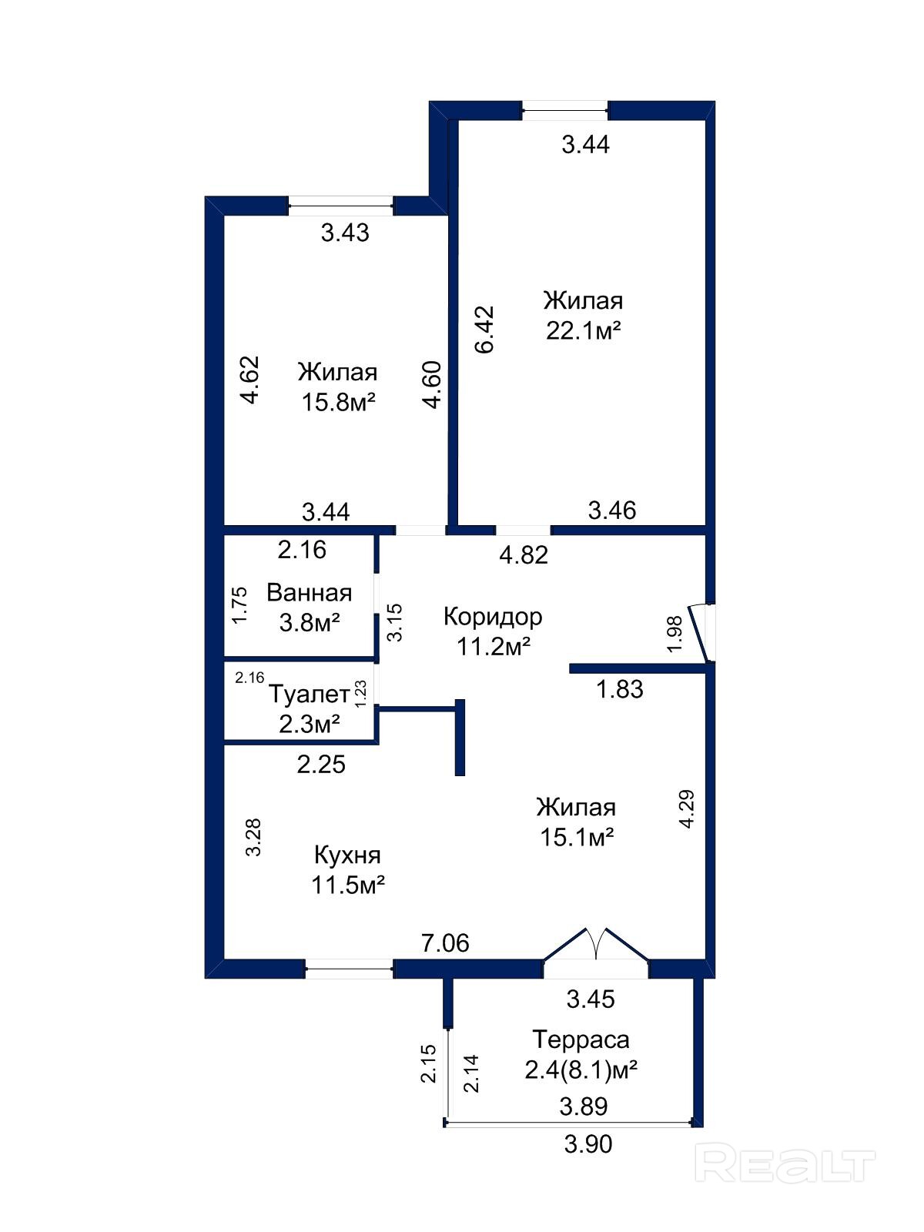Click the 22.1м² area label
point(583,330)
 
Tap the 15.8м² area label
point(338,402)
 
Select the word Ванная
point(309,593)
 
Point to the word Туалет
point(309,695)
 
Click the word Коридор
point(493,617)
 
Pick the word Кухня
point(347,855)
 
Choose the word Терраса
point(581,1040)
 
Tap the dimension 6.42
point(484,329)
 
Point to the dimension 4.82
point(524,555)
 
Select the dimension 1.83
point(619,688)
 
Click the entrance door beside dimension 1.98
point(701,633)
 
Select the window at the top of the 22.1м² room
point(565,110)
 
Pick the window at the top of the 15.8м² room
point(340,206)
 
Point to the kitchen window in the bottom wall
point(348,969)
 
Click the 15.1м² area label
point(577,838)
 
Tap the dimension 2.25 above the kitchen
point(321,765)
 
